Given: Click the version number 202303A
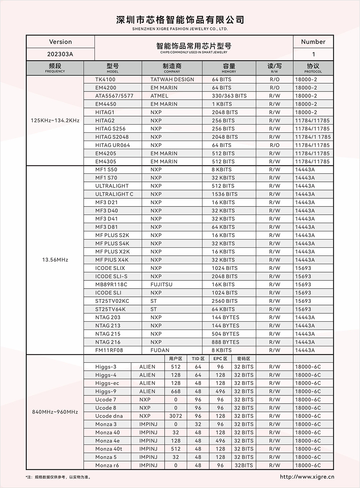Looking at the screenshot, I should tap(60, 54).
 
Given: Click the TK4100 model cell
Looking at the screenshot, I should tap(105, 79).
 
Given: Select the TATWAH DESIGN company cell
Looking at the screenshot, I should tap(172, 79).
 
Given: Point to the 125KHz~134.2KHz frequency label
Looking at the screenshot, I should tap(55, 121).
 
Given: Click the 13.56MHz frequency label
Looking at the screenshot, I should tap(55, 260).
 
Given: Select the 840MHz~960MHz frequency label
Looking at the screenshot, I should tap(55, 412).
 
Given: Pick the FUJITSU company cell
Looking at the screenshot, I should tap(161, 284).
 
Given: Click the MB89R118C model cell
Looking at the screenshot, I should tap(111, 284).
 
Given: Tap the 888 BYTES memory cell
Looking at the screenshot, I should tap(225, 342).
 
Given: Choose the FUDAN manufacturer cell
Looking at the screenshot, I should tap(160, 350).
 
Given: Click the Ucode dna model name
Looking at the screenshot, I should tap(109, 416).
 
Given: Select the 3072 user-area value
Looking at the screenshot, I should tap(175, 416).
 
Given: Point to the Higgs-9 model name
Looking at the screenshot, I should tap(106, 391).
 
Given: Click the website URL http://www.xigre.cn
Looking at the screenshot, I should tap(307, 477).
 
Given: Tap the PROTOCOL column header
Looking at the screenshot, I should tap(313, 68).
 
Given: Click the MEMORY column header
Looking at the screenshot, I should tap(229, 68).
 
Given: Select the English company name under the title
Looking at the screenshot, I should tap(180, 29).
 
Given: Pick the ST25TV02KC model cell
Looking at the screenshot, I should tap(112, 301).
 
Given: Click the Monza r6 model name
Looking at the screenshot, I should tap(107, 466).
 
